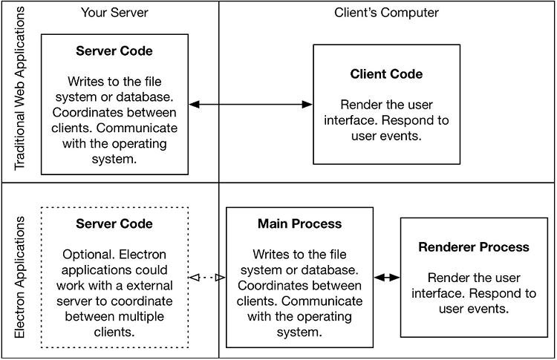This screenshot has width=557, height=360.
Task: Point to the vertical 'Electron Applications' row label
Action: point(20,278)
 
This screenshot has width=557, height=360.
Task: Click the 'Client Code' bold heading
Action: point(386,74)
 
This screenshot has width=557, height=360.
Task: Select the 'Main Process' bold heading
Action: point(299,223)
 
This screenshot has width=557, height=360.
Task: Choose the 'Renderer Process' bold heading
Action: point(474,247)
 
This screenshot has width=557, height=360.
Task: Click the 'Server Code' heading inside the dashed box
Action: point(114,223)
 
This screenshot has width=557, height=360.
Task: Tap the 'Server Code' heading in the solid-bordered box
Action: point(114,51)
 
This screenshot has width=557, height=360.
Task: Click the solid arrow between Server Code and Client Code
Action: point(250,105)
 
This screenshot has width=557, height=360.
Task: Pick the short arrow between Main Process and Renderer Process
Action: point(386,278)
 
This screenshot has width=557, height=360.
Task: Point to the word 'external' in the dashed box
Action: point(149,285)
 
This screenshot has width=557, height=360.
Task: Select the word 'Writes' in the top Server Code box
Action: point(85,82)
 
